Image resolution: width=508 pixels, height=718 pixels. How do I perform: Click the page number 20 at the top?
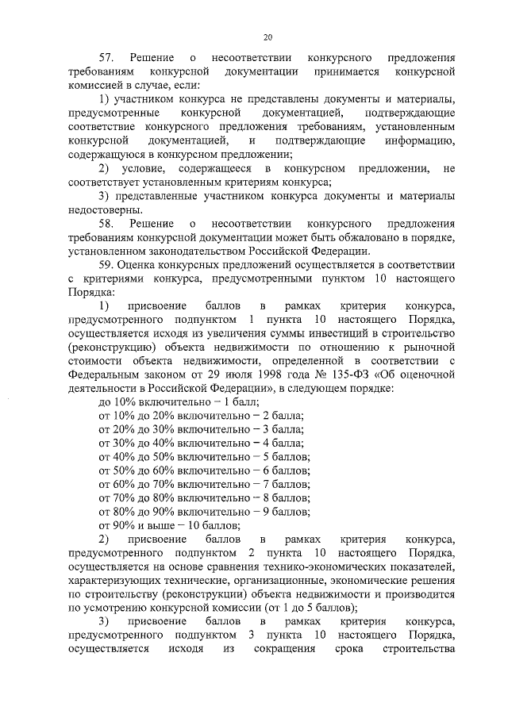click(x=267, y=36)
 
